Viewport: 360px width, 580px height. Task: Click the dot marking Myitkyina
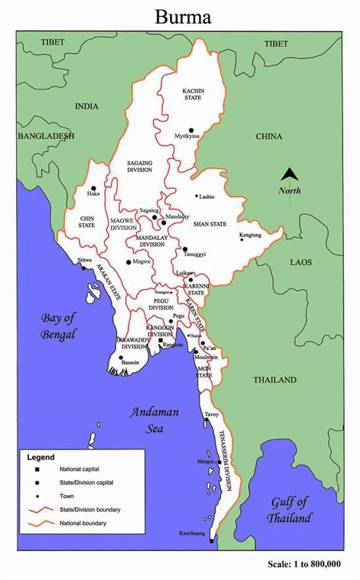click(191, 131)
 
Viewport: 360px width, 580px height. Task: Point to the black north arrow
click(290, 176)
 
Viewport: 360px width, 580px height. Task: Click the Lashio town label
click(207, 197)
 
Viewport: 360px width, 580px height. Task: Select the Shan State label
click(210, 225)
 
